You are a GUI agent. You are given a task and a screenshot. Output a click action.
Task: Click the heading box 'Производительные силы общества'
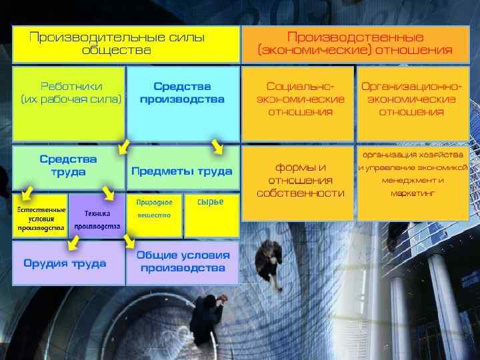click(x=125, y=44)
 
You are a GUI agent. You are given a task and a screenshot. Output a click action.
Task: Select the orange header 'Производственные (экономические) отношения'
click(x=355, y=44)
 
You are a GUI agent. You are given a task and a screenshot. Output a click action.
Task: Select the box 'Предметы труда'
click(x=181, y=171)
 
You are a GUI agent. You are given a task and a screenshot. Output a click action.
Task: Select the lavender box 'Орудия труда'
click(x=68, y=263)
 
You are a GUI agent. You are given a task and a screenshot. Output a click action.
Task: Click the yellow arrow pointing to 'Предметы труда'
click(x=216, y=146)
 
